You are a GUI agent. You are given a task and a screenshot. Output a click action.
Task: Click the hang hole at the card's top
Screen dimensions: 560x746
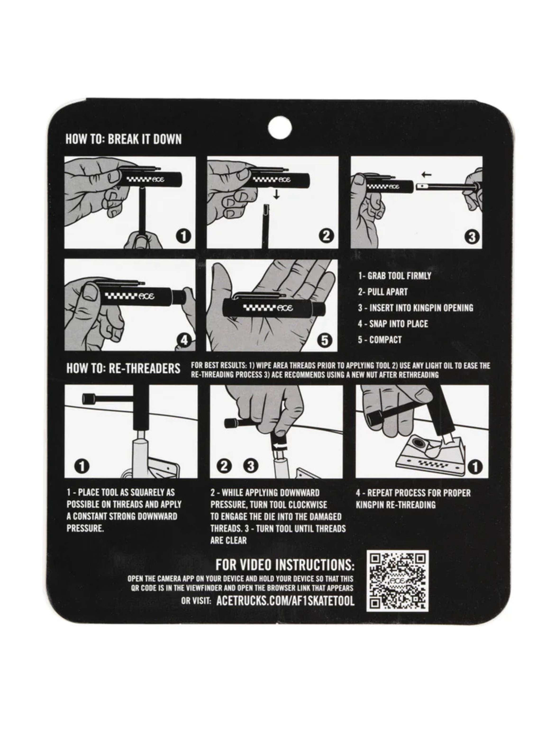click(x=279, y=127)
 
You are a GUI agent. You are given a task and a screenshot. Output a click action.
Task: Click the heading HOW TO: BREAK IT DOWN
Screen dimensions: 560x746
click(x=123, y=139)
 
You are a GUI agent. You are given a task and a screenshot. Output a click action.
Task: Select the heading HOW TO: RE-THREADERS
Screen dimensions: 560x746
click(x=123, y=368)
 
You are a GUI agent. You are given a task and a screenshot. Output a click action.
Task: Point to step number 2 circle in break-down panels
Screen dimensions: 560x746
click(x=326, y=236)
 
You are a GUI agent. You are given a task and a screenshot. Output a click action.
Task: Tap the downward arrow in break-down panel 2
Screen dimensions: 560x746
click(x=277, y=194)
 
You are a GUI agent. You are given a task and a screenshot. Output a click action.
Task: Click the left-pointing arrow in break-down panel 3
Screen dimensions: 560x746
click(x=427, y=175)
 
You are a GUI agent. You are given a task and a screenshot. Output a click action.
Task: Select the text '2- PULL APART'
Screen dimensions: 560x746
click(x=383, y=292)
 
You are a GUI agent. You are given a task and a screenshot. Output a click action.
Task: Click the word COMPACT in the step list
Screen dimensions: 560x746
click(x=386, y=340)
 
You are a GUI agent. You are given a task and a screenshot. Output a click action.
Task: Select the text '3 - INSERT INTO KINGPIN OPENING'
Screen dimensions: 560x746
click(x=415, y=308)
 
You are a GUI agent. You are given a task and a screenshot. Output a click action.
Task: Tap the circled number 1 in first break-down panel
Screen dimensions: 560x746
click(x=183, y=236)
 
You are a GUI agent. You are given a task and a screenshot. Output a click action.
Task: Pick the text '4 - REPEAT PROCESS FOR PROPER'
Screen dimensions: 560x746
click(x=413, y=493)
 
